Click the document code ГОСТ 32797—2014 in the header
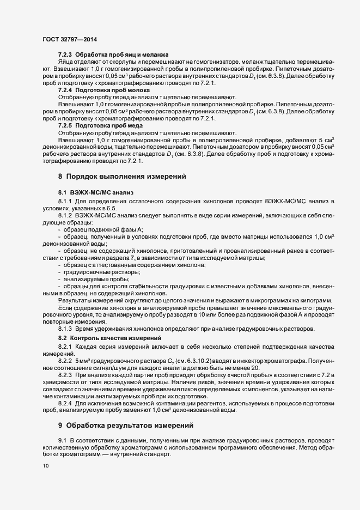[70, 40]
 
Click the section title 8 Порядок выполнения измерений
[123, 176]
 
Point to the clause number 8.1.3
[65, 330]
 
